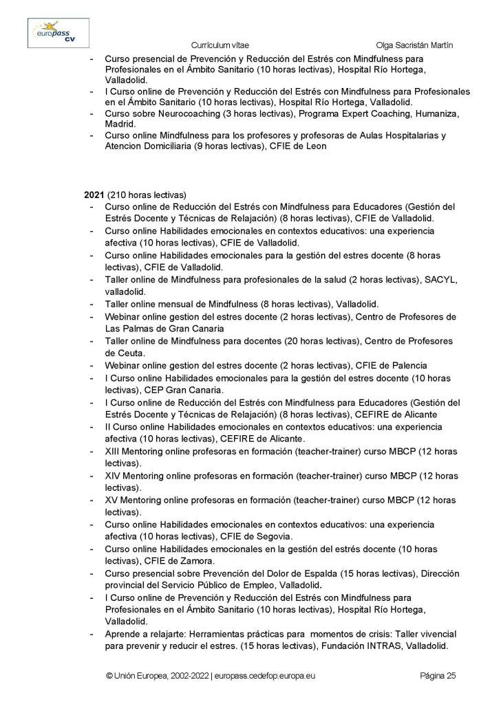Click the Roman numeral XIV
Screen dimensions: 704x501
pyautogui.click(x=114, y=476)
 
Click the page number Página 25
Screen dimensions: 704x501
pyautogui.click(x=438, y=676)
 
